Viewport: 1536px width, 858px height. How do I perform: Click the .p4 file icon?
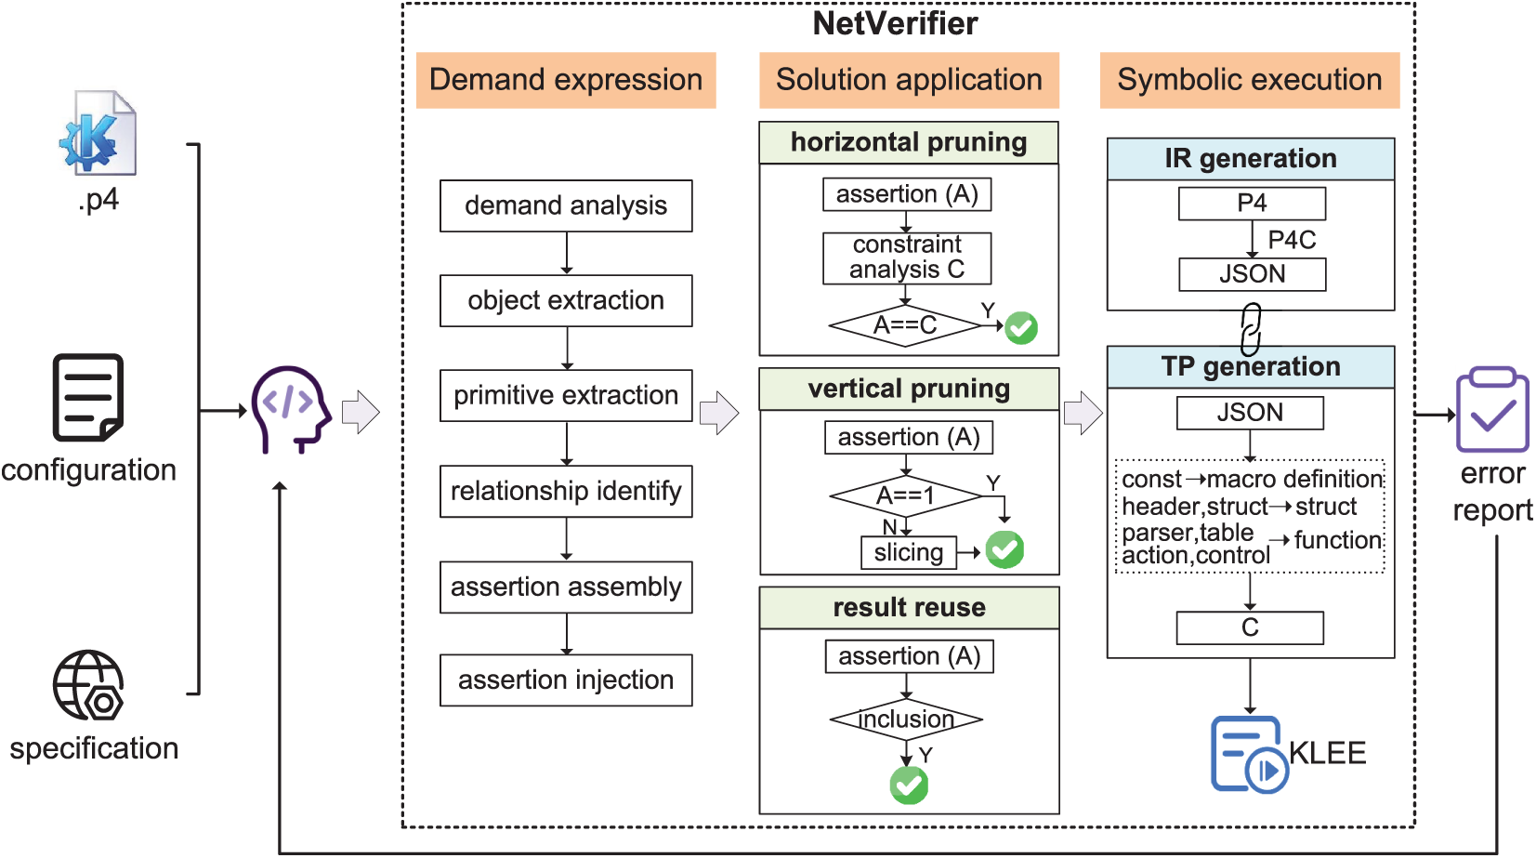[98, 133]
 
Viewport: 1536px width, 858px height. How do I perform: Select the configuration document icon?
[88, 397]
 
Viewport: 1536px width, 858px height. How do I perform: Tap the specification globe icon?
[89, 685]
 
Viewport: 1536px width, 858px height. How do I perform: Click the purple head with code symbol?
[291, 409]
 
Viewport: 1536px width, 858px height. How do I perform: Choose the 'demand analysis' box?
[566, 205]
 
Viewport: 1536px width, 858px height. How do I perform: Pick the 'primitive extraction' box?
[566, 395]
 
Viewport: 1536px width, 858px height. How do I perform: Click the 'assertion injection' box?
[566, 680]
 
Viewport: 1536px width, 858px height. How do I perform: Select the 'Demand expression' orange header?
[566, 80]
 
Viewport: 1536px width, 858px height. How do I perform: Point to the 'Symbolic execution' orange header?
[1250, 80]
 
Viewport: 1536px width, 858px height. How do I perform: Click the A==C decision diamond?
[905, 325]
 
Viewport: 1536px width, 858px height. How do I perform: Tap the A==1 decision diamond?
[905, 496]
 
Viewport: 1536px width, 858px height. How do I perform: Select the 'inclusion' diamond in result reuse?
[906, 719]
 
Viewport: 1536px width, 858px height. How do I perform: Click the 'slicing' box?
[909, 552]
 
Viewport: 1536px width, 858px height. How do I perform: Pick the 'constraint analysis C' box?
[907, 257]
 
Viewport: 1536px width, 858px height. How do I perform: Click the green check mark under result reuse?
[909, 785]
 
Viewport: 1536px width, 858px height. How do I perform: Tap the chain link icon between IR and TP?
[1251, 329]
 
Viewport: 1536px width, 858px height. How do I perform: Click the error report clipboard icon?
[1492, 409]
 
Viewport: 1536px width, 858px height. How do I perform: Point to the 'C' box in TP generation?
[1250, 627]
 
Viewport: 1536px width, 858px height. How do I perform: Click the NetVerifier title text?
[895, 23]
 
